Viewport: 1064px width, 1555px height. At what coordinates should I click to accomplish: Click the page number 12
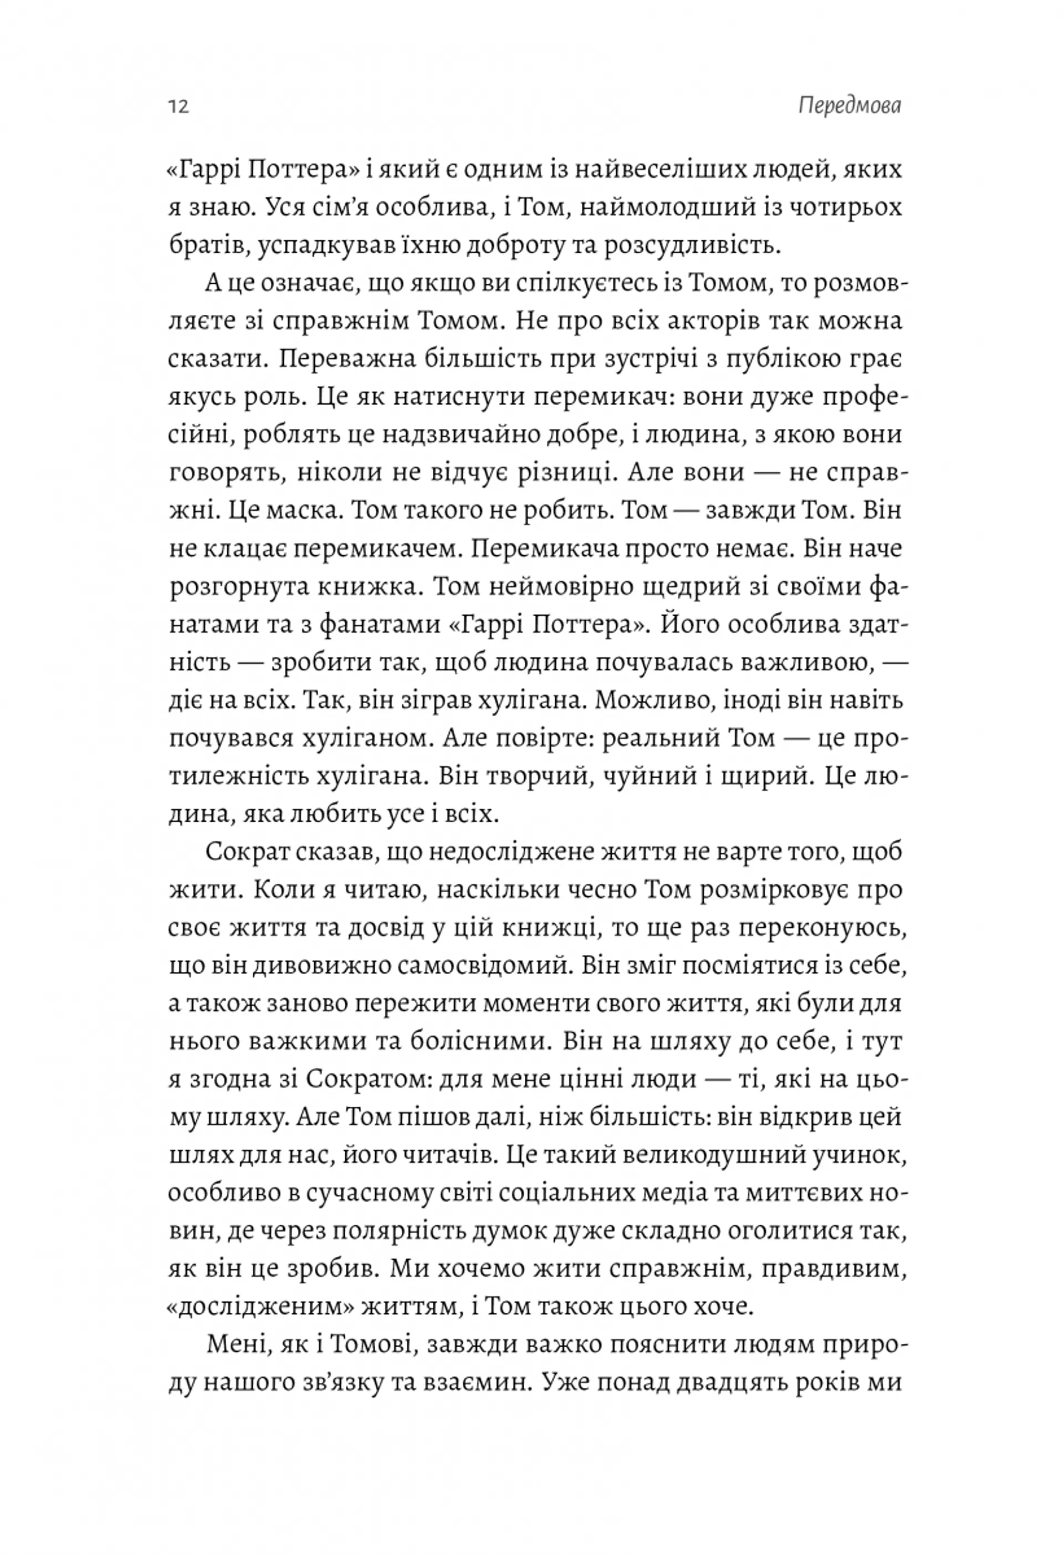[178, 107]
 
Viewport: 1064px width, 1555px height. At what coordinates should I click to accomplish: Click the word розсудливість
[692, 245]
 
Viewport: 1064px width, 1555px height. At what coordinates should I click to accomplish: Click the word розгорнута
[238, 587]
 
